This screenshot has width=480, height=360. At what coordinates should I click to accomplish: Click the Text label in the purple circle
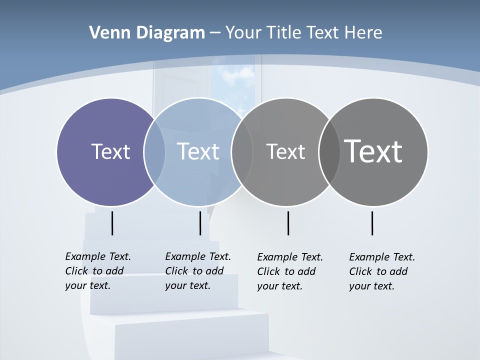click(110, 151)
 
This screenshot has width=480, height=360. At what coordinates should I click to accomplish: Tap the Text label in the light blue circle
click(198, 151)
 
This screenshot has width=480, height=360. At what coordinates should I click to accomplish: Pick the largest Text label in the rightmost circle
click(373, 151)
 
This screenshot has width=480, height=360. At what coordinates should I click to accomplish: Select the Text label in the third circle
click(285, 151)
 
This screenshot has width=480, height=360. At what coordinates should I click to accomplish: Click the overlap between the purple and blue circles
click(154, 152)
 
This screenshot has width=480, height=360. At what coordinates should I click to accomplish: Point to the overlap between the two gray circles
click(329, 152)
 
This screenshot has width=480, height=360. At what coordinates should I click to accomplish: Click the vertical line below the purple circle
click(112, 223)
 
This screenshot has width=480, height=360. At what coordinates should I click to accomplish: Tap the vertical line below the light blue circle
click(200, 223)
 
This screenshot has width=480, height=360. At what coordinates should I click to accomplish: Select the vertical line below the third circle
click(288, 223)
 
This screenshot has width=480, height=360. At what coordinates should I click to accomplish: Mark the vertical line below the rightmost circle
click(372, 223)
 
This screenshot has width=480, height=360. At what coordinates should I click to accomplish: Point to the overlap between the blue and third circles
click(241, 152)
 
